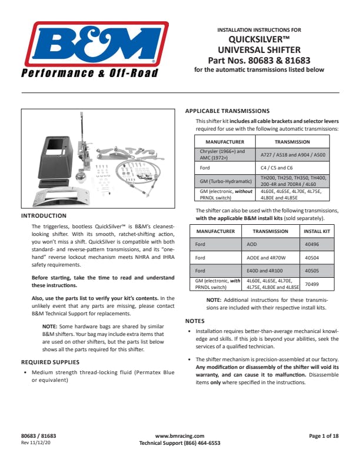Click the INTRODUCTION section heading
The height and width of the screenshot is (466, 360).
(44, 216)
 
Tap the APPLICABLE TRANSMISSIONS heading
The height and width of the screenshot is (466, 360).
(227, 111)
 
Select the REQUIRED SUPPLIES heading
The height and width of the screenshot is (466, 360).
(50, 362)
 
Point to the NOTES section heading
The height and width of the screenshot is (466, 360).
(195, 321)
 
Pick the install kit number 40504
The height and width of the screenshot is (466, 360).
(312, 258)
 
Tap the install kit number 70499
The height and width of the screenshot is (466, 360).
(312, 284)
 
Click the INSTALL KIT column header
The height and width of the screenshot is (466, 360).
(317, 231)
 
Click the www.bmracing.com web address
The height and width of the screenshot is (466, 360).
(179, 436)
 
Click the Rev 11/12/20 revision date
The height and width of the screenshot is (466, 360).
(37, 442)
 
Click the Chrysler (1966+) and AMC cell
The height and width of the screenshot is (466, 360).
(224, 154)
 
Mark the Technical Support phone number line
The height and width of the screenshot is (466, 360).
(179, 442)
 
